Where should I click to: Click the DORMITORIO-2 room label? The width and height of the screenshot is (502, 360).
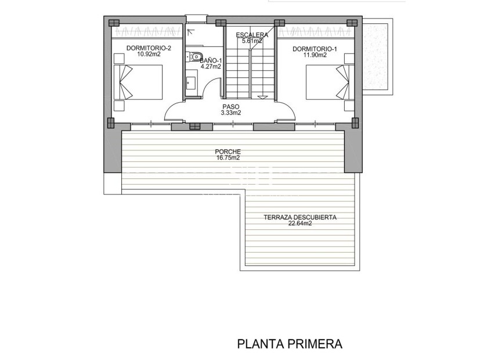pos(149,48)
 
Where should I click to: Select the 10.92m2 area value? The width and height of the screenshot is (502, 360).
pos(149,55)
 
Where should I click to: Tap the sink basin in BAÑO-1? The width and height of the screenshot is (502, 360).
pos(191,81)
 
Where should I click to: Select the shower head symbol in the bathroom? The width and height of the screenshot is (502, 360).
pos(191,30)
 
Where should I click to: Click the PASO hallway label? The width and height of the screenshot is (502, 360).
pos(230,107)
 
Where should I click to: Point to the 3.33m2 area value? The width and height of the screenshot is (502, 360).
pos(230,113)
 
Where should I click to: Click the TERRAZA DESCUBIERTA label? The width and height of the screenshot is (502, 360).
pos(299,218)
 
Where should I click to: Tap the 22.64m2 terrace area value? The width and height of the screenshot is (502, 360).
pos(299,224)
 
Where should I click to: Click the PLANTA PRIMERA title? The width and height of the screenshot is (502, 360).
pos(290,344)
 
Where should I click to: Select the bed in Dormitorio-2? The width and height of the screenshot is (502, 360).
pos(141,82)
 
